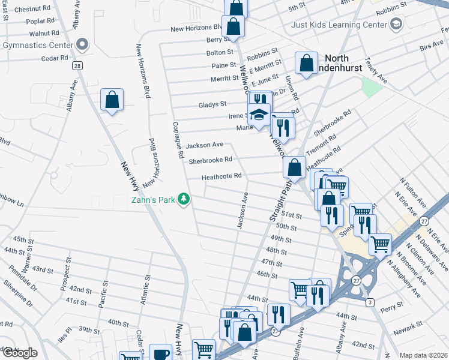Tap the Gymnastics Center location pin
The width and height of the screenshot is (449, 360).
pos(82,44)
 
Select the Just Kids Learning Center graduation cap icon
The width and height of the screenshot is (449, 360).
pos(396,25)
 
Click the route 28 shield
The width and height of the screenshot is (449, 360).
pos(77,65)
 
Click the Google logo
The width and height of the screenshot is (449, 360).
pos(19,353)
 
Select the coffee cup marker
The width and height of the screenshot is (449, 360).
pos(160,354)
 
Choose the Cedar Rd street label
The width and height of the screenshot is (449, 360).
pos(55,58)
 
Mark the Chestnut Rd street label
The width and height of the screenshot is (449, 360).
pos(32,10)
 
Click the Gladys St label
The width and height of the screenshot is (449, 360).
pos(212,104)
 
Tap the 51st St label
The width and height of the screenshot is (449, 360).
pos(291,215)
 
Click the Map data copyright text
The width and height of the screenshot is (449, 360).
pos(423,355)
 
